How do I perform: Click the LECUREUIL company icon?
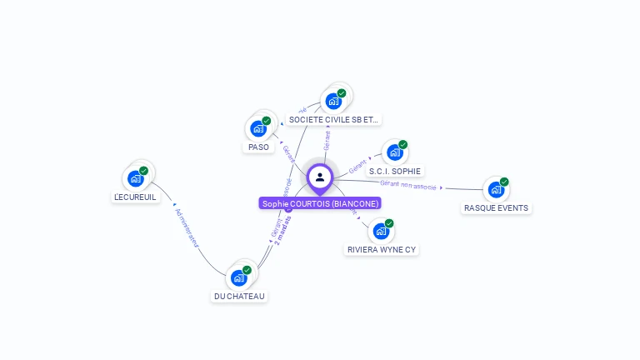pyautogui.click(x=136, y=178)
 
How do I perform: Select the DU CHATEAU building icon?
pyautogui.click(x=239, y=277)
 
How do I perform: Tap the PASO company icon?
pyautogui.click(x=258, y=129)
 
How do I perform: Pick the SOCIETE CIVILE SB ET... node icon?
pyautogui.click(x=333, y=102)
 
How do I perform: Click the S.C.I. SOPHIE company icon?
pyautogui.click(x=394, y=152)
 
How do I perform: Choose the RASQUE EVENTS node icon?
pyautogui.click(x=496, y=190)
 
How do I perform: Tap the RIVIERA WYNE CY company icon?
pyautogui.click(x=381, y=231)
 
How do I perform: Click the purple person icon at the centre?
pyautogui.click(x=320, y=177)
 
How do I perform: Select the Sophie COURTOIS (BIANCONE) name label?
pyautogui.click(x=320, y=203)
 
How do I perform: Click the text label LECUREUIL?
pyautogui.click(x=135, y=197)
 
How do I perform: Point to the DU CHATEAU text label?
pyautogui.click(x=239, y=297)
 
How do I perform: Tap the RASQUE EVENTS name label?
pyautogui.click(x=496, y=208)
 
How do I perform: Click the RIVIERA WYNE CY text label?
pyautogui.click(x=381, y=249)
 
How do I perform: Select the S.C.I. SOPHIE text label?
pyautogui.click(x=394, y=171)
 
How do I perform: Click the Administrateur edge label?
pyautogui.click(x=187, y=226)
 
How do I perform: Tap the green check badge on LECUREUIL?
pyautogui.click(x=143, y=171)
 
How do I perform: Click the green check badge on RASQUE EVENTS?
pyautogui.click(x=504, y=182)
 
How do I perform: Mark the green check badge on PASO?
pyautogui.click(x=267, y=121)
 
